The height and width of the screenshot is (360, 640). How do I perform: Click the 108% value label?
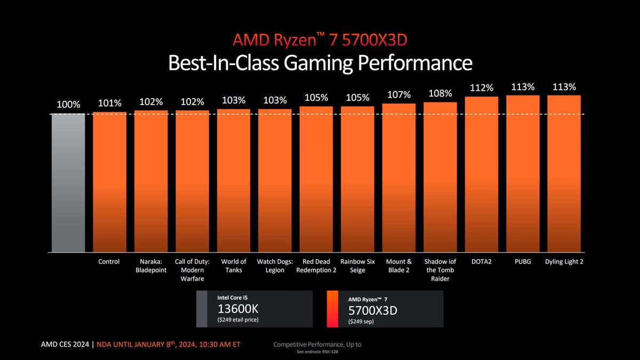point(440,93)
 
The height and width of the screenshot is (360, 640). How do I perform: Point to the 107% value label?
point(399,95)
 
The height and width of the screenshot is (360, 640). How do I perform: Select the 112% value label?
point(482,87)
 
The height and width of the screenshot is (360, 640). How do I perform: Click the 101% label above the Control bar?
point(109,103)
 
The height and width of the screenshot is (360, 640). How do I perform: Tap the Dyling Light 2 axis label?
point(564,262)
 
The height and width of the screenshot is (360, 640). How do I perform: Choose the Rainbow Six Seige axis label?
point(357,266)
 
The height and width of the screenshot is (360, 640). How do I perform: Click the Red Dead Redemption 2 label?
point(316,266)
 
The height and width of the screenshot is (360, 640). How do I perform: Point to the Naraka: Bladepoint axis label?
point(151,266)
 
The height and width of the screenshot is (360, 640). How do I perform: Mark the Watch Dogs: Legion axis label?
point(275,266)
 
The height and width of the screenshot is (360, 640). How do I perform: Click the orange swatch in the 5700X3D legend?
point(332,309)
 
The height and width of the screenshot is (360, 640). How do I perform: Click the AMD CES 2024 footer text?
point(65,345)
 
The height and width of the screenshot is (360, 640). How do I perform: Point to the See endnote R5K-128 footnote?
point(317,352)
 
